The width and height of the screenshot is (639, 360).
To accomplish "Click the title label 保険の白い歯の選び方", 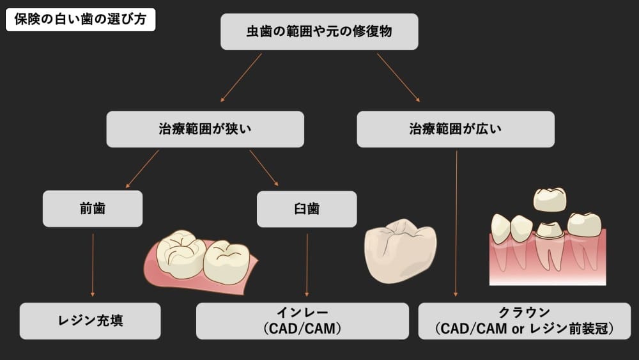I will [81, 19].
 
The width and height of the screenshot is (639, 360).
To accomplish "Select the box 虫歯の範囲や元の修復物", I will [319, 32].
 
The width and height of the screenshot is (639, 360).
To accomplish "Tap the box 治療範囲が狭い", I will [204, 129].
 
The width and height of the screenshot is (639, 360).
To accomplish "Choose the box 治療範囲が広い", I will [455, 129].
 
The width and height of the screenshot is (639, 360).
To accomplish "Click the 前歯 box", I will [93, 208].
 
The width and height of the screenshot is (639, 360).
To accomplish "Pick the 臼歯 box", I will [307, 208].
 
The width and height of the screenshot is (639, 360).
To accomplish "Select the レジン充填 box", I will [90, 321].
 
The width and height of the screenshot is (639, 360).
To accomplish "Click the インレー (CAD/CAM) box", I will [302, 321].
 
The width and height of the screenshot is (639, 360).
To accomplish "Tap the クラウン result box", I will [524, 321].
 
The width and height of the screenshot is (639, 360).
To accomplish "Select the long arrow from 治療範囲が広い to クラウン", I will [456, 224].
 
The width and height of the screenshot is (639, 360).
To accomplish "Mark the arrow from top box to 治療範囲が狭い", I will [241, 78].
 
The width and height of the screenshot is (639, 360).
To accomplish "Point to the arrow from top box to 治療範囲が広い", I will [398, 78].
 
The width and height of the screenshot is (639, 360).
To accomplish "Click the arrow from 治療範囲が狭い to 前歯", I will [142, 169].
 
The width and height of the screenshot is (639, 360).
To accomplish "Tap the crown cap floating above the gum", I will [550, 199].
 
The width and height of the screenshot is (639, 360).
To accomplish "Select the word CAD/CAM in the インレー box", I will [302, 329].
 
